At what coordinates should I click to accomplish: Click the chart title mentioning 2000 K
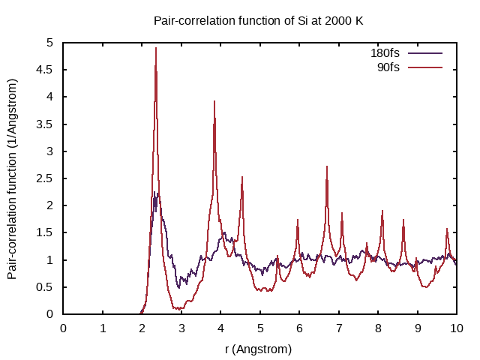pos(258,20)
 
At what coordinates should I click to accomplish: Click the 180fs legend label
pos(385,53)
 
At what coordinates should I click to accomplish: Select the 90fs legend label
pos(388,67)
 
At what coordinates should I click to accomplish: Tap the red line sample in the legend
pos(425,67)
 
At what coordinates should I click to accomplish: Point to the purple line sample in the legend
pos(425,53)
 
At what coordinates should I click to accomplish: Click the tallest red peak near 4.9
pos(156,48)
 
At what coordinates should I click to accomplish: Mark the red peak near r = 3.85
pos(214,101)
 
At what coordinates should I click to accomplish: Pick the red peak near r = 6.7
pos(327,166)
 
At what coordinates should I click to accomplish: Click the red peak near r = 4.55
pos(242,177)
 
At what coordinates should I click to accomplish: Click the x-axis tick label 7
pos(339,328)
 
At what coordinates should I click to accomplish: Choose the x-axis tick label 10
pos(457,328)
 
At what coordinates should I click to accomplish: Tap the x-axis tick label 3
pos(181,328)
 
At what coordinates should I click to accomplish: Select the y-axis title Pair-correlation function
pos(13,178)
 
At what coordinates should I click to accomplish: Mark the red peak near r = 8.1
pos(382,211)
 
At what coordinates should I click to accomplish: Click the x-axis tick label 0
pos(63,328)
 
